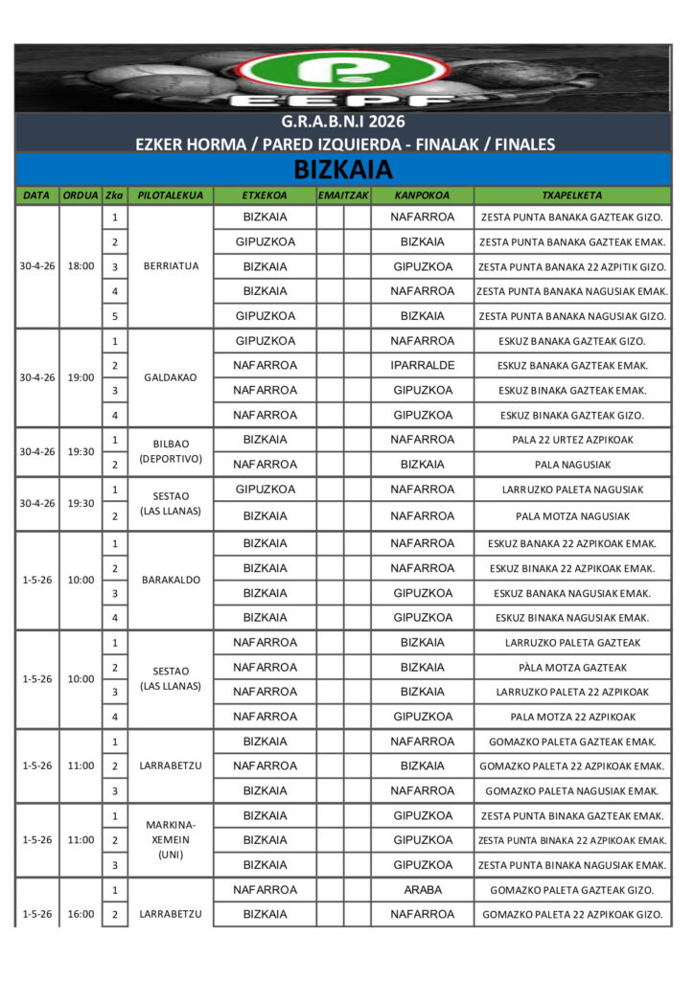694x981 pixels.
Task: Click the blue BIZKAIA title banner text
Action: [343, 171]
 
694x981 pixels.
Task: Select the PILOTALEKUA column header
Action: [170, 195]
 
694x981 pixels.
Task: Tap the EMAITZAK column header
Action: [343, 195]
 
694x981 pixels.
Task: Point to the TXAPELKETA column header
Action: [571, 195]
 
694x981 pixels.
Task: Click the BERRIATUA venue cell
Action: [170, 266]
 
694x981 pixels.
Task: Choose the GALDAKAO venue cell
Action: [170, 377]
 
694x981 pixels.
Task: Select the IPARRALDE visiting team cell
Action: [422, 365]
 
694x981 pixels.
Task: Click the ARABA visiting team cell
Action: [422, 890]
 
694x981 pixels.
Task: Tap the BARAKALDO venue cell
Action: [170, 580]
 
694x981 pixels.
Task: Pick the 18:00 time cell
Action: [81, 266]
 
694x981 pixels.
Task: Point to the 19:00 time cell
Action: [81, 377]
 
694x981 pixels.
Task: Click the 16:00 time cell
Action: [81, 914]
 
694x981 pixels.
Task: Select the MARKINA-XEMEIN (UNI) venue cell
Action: [170, 839]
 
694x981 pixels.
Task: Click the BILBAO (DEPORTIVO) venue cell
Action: [170, 451]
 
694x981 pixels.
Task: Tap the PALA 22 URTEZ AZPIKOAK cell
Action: [571, 440]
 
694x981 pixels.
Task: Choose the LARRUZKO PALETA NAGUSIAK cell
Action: [571, 490]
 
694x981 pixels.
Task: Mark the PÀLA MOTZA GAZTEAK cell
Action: [571, 668]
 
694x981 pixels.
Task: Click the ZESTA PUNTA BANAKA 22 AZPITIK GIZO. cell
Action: [571, 266]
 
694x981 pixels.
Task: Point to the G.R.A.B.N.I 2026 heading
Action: [343, 122]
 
